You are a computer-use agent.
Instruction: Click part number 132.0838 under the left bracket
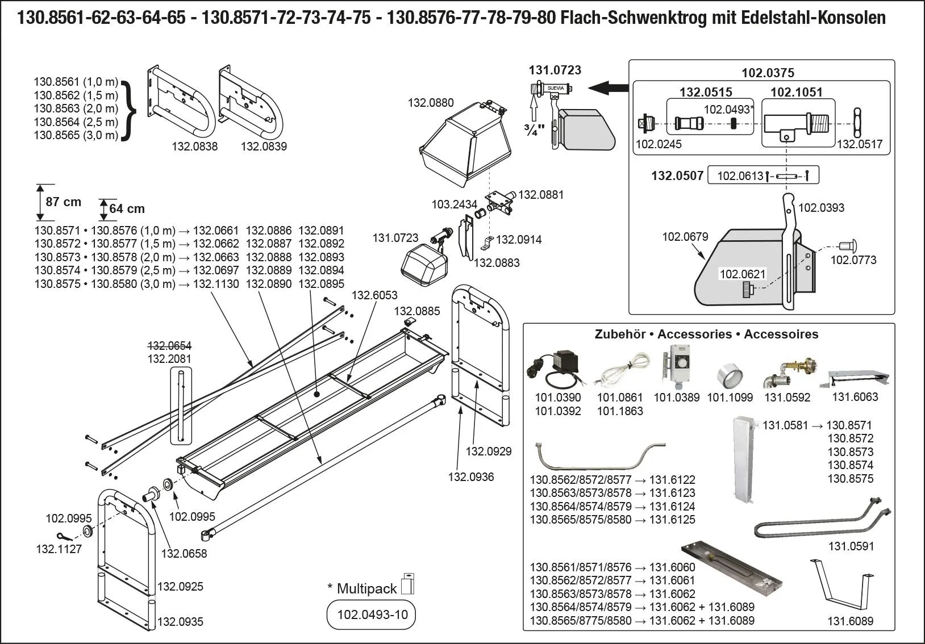coord(194,147)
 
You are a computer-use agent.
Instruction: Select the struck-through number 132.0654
coord(169,346)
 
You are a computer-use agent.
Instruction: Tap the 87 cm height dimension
coord(64,202)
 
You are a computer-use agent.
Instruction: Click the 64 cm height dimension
coord(127,209)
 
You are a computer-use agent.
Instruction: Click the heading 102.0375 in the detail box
coord(768,73)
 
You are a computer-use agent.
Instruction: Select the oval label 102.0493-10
coord(372,615)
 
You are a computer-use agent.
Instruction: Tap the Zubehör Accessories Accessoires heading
coord(706,334)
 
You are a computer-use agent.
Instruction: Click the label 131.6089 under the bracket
coord(850,621)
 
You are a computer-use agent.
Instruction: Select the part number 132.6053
coord(374,295)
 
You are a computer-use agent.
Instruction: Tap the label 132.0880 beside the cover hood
coord(431,103)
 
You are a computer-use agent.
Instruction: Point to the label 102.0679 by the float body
coord(685,237)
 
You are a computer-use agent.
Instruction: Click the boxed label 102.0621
coord(742,274)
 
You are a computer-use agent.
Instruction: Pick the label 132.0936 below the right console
coord(470,477)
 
